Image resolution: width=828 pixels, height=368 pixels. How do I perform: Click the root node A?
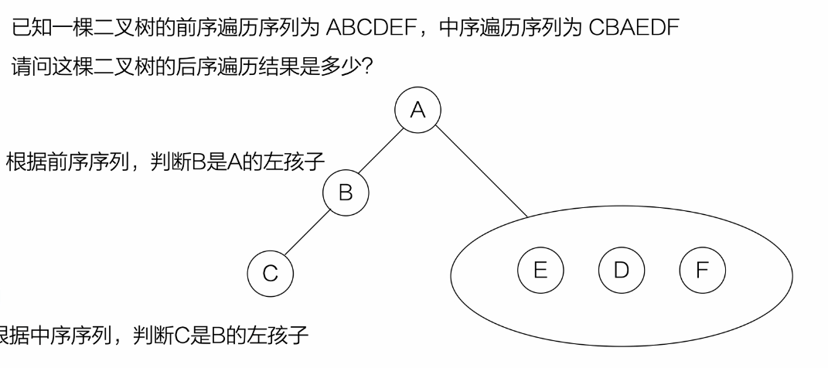[x=417, y=111]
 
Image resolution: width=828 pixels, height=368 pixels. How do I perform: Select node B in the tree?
[x=346, y=193]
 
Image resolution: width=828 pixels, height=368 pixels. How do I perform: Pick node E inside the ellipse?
[x=540, y=269]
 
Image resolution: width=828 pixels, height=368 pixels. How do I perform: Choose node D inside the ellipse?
[x=621, y=269]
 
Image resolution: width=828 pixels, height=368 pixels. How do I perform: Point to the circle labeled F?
[x=702, y=269]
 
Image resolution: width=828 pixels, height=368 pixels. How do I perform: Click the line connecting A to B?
[x=381, y=152]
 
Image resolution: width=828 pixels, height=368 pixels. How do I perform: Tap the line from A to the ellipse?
[x=482, y=173]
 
